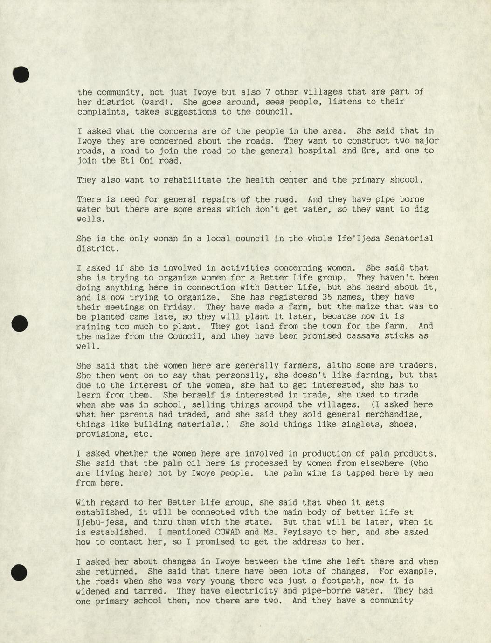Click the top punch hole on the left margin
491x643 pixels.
tap(21, 75)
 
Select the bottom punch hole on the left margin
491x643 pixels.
tap(19, 572)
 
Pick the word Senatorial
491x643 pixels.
tap(409, 239)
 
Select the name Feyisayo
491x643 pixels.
tap(299, 532)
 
